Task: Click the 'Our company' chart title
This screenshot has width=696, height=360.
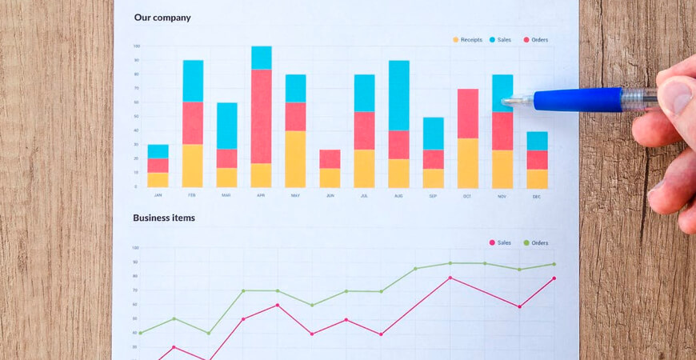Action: pos(162,18)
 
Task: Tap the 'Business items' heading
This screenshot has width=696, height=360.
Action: pos(163,218)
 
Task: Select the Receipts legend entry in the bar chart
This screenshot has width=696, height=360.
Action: pos(469,39)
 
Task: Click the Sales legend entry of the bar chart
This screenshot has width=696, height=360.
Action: pos(501,39)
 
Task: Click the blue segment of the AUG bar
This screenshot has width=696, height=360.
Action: pos(399,95)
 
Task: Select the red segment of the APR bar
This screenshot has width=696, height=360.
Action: pos(262,116)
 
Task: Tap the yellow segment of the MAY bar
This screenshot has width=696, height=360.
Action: pos(296,159)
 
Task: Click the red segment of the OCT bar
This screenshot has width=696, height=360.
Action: pos(468,114)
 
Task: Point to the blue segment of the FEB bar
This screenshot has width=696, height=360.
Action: pos(193,81)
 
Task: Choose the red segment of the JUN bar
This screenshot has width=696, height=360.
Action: pos(330,158)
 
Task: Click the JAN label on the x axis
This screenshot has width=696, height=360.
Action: pos(158,194)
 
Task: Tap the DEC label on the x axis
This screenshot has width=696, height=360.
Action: pos(537,195)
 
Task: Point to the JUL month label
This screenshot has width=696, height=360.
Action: pos(364,194)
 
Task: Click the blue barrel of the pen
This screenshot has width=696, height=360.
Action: pos(576,99)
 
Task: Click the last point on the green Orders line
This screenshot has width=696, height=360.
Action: pos(554,264)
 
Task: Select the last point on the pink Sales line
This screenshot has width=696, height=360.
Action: pos(554,278)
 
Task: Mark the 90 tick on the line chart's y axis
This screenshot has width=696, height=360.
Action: pos(135,262)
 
